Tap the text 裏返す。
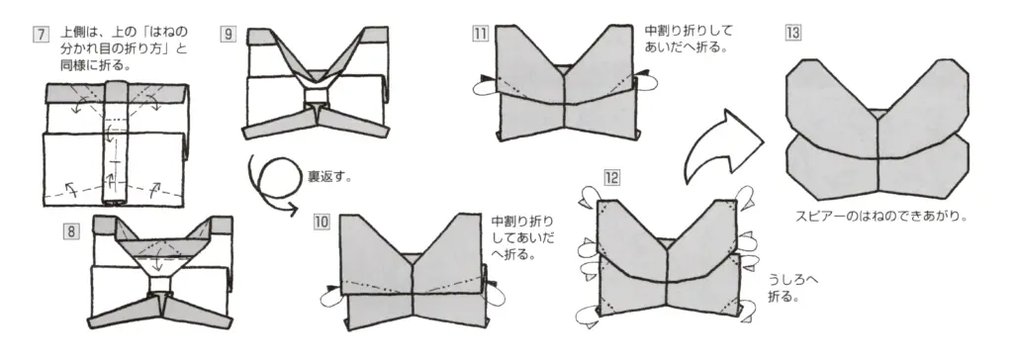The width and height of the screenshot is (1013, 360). pos(330,177)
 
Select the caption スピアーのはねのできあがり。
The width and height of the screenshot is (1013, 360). pos(879,215)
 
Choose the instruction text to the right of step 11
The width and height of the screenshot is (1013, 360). pos(688,39)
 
